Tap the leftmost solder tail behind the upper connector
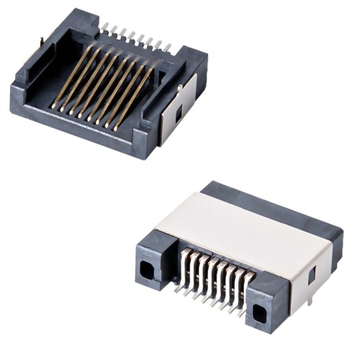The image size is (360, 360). point(105,27)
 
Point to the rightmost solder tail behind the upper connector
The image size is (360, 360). point(167,48)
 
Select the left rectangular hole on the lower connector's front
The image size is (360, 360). point(148,269)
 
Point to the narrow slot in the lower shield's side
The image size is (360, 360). point(312,274)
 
